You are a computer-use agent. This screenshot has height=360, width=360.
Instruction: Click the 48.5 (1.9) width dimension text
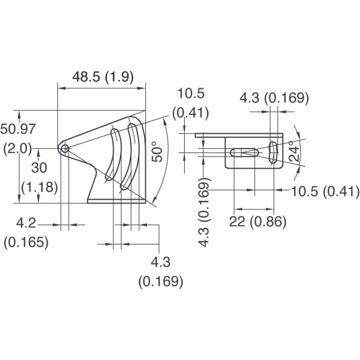pos(103,77)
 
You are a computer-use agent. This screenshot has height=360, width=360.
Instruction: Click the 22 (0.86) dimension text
pos(257,221)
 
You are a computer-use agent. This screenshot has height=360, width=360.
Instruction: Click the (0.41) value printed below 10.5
pos(190,112)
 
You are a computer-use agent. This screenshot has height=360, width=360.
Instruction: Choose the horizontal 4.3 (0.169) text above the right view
pos(274,98)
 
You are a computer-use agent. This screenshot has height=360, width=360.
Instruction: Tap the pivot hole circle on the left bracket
pos(64,148)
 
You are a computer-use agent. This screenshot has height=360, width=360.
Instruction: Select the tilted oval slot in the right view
pos(273,152)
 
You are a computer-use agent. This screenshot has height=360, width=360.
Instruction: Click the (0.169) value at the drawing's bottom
pos(160,281)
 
